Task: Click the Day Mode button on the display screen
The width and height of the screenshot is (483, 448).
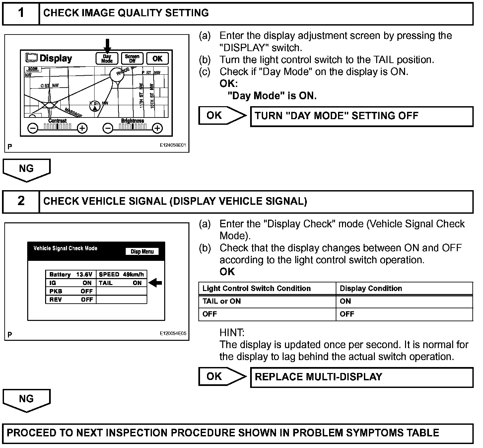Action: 107,58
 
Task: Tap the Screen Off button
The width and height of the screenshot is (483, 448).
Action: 132,58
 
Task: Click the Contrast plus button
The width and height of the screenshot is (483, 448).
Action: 82,128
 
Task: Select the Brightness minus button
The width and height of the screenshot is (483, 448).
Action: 108,128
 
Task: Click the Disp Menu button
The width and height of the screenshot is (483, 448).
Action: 142,251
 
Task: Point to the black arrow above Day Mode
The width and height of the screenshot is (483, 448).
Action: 107,45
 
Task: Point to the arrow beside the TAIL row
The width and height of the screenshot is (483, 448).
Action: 155,282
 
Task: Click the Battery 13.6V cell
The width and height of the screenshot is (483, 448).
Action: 71,274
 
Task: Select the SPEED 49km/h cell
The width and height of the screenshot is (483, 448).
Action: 121,274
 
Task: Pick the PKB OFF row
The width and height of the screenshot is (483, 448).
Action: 71,291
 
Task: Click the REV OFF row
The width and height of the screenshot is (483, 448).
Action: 71,299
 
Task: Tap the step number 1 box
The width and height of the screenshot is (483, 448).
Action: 21,14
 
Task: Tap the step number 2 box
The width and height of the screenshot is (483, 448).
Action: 21,202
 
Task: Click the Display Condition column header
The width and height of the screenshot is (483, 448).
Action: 371,288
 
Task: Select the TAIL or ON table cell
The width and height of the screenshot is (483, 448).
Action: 267,301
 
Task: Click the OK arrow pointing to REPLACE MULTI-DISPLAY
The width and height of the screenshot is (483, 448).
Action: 222,376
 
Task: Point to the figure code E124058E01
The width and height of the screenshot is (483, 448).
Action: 173,145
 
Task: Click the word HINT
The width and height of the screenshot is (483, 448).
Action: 232,333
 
